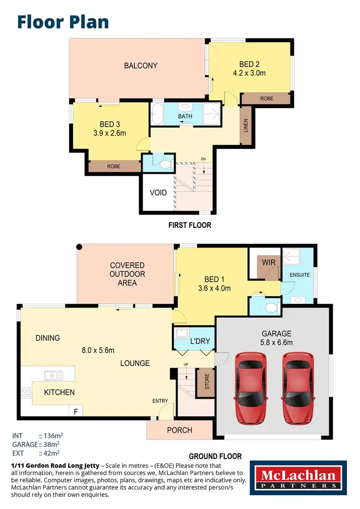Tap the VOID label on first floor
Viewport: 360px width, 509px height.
[x=158, y=193]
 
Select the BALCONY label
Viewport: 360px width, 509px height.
[x=141, y=66]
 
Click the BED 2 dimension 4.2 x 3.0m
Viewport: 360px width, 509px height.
[x=249, y=73]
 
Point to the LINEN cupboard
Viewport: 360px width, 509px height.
[x=246, y=125]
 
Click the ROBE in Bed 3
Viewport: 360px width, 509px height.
[x=114, y=166]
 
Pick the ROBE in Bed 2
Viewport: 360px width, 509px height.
[x=267, y=98]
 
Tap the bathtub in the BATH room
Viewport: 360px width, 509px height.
[x=157, y=114]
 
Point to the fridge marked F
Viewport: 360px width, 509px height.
[x=75, y=411]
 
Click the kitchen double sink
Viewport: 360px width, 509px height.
[x=50, y=376]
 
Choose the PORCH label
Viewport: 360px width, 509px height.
[x=179, y=430]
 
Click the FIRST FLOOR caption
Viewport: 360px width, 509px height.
[x=190, y=225]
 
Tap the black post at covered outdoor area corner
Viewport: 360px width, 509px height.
[x=79, y=247]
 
